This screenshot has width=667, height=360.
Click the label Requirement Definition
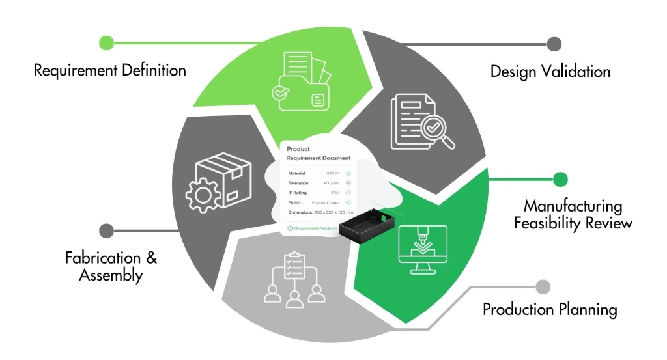(110, 70)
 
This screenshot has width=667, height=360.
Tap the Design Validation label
(550, 71)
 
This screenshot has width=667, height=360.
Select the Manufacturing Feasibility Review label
(573, 215)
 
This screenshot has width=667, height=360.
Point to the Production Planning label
(550, 309)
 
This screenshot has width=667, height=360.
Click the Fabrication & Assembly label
(111, 266)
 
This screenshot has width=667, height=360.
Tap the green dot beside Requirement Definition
(106, 43)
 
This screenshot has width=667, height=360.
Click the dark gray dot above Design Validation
(554, 44)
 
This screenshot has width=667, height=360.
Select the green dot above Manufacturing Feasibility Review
(560, 180)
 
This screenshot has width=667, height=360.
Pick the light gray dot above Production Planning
(543, 286)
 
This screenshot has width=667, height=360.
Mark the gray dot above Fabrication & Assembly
(106, 230)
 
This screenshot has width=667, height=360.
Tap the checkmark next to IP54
(348, 193)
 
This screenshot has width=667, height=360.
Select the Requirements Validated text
(315, 228)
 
